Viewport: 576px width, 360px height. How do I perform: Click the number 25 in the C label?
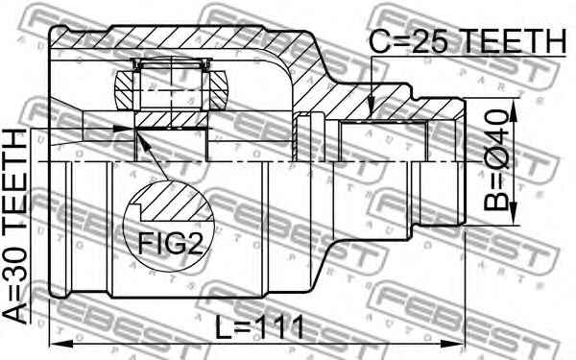433,42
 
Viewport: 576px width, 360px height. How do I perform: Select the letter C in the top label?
381,42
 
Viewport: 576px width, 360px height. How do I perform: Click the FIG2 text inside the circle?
174,244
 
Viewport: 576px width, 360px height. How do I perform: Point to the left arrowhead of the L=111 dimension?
55,344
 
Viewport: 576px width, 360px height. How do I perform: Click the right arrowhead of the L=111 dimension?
459,344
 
